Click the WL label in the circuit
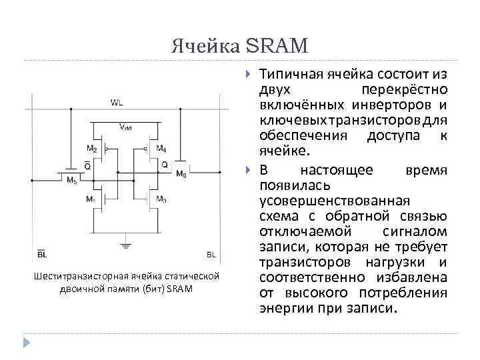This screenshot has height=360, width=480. click(x=117, y=103)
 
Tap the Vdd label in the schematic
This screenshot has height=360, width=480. click(x=125, y=127)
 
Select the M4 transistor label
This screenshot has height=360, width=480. click(x=160, y=148)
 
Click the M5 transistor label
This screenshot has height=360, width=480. click(x=71, y=181)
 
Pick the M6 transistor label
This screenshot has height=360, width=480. click(x=181, y=174)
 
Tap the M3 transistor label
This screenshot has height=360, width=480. click(x=161, y=199)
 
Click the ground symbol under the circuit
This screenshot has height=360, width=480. click(x=125, y=246)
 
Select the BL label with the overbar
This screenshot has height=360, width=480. click(x=41, y=255)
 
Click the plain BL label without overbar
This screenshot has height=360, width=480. click(x=211, y=255)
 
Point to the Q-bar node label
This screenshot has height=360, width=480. click(x=88, y=167)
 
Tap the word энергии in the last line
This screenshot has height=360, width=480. click(x=283, y=309)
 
